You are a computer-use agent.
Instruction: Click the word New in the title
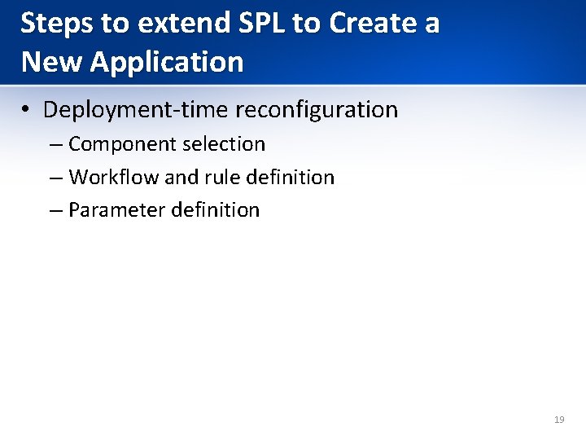(50, 61)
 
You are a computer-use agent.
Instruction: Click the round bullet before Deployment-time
(28, 110)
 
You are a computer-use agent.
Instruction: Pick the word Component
(122, 145)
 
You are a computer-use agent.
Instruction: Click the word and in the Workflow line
(181, 177)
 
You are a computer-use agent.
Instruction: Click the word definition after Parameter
(215, 210)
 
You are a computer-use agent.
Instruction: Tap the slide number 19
(558, 420)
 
